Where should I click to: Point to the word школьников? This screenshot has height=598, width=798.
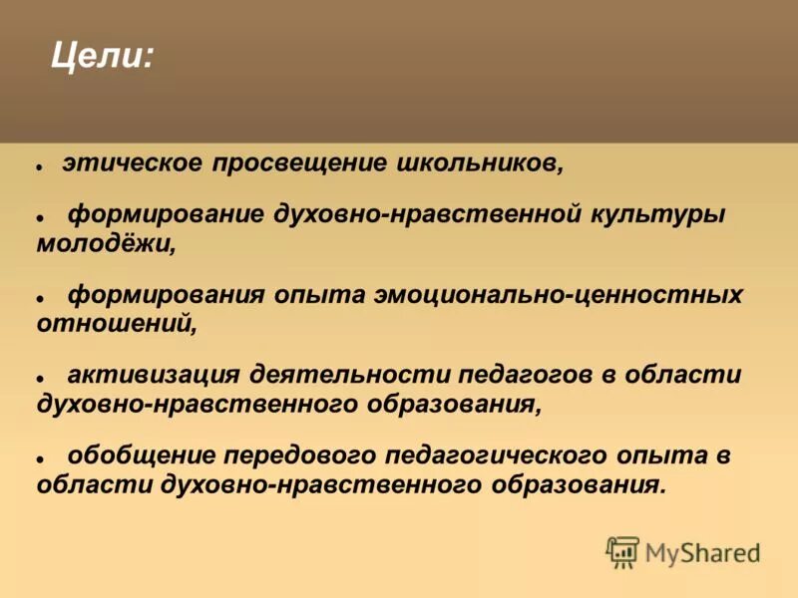(481, 163)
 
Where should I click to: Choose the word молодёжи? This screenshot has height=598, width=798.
(106, 244)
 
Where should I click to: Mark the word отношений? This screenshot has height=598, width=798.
(112, 324)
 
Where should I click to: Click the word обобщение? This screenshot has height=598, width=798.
(142, 456)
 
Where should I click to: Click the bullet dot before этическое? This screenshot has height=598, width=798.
(40, 165)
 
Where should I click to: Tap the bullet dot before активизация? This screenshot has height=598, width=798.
(41, 379)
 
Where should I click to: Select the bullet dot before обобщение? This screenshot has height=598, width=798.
(41, 459)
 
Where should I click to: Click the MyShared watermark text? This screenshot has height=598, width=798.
(702, 551)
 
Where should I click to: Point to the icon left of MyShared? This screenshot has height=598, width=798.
(622, 551)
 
